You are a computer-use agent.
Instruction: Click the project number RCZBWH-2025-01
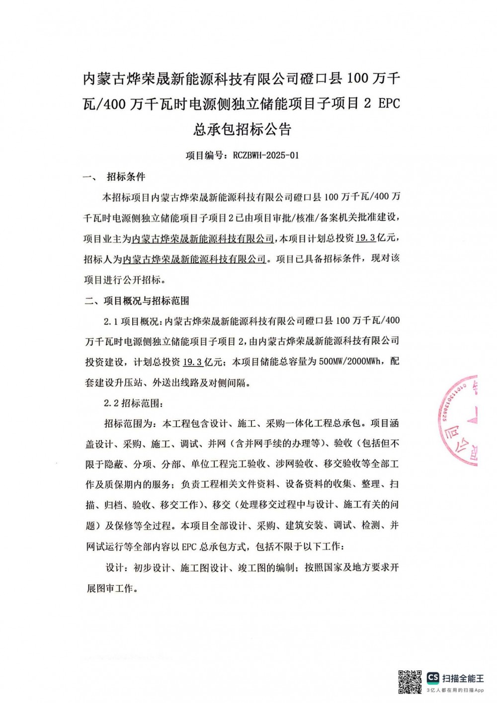pyautogui.click(x=266, y=155)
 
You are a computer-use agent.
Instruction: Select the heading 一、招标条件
pyautogui.click(x=115, y=176)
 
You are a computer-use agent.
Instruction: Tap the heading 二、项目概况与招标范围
pyautogui.click(x=137, y=301)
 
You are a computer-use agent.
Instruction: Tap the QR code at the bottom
pyautogui.click(x=410, y=682)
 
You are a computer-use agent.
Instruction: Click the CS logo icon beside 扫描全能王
pyautogui.click(x=433, y=678)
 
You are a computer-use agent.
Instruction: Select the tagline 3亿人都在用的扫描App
pyautogui.click(x=455, y=690)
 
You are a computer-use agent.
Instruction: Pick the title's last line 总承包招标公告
pyautogui.click(x=242, y=129)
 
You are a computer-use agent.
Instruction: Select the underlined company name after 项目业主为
pyautogui.click(x=203, y=238)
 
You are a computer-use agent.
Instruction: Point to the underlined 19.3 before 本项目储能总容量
pyautogui.click(x=193, y=362)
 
